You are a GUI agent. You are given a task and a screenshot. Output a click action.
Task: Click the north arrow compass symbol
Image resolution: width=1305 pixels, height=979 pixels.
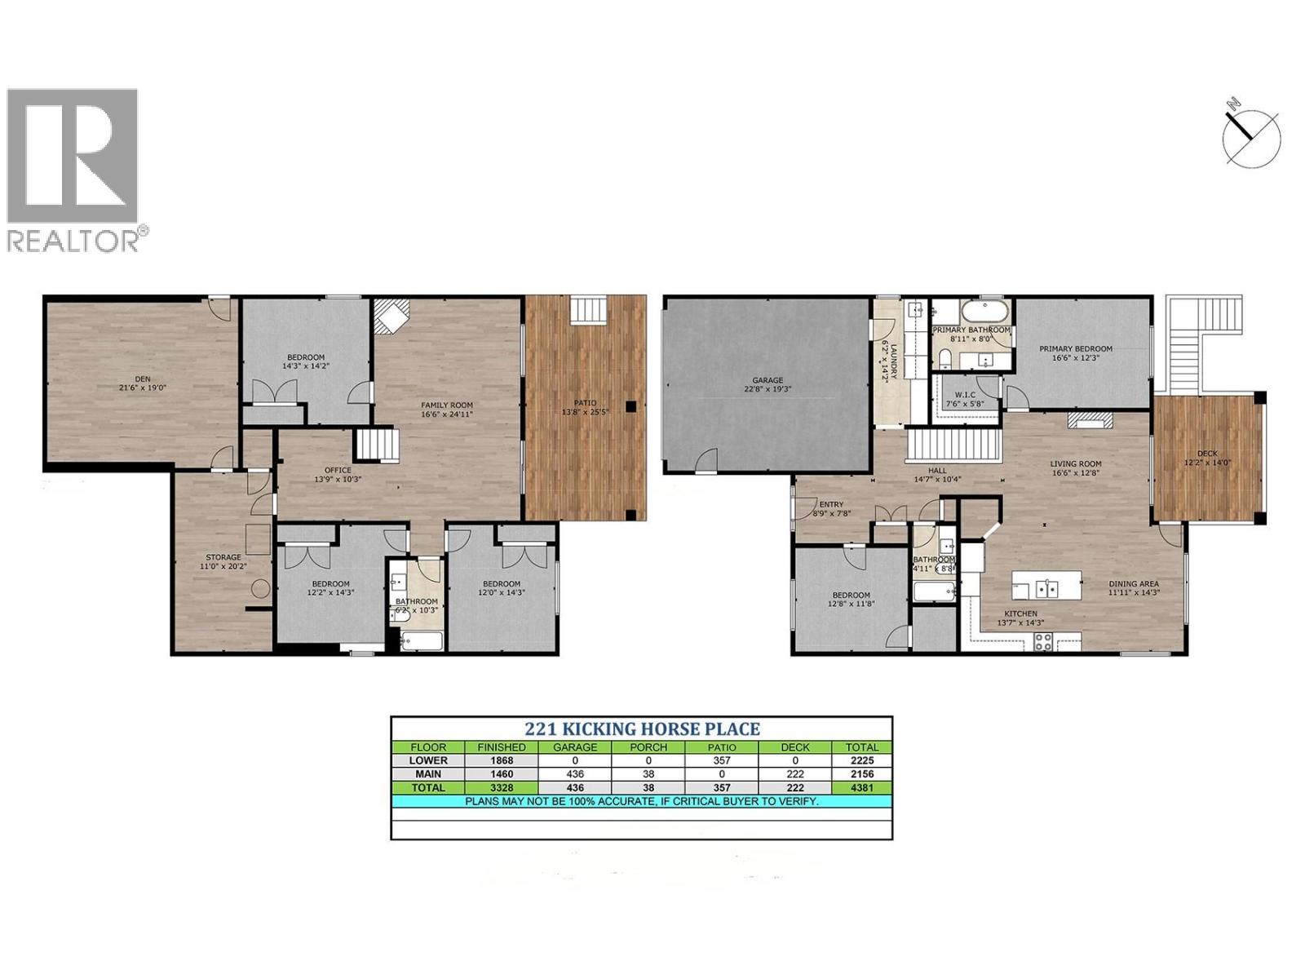[1250, 135]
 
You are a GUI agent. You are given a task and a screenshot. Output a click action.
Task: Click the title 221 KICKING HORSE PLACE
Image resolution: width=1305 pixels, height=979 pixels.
[642, 729]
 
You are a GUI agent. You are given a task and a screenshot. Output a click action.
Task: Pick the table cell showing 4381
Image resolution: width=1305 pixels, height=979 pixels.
[861, 787]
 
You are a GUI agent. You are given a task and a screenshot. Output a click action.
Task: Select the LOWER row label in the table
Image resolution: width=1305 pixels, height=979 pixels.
[428, 760]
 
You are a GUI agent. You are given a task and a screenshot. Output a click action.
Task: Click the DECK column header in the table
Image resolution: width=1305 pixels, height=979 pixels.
[794, 746]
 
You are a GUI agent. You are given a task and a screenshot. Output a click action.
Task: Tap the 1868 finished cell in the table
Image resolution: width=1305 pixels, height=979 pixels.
[502, 760]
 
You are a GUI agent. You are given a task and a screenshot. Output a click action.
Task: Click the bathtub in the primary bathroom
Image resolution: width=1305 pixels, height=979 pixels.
[984, 313]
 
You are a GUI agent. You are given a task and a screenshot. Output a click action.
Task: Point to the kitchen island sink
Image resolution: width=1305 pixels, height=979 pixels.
[1045, 587]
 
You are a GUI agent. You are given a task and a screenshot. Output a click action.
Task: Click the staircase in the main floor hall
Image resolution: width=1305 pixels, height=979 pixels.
[953, 445]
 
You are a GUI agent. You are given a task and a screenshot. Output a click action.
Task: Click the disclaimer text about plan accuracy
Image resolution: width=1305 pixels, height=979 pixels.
[642, 801]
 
